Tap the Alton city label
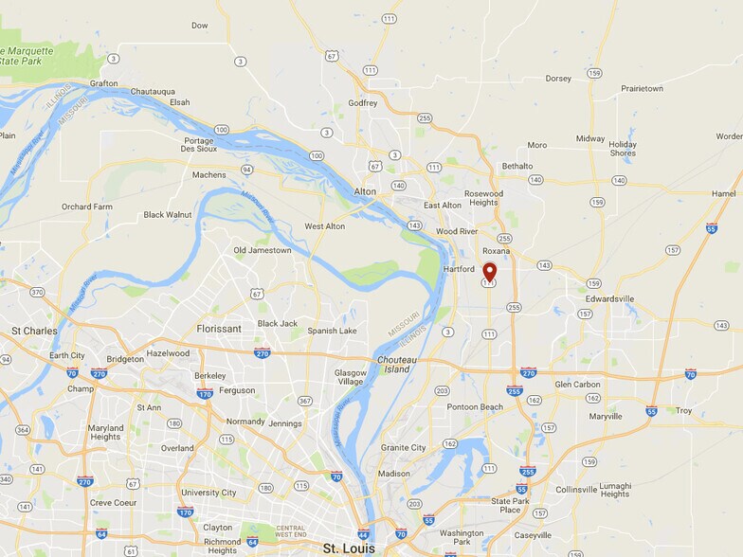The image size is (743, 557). (365, 191)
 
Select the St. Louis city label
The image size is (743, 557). (349, 548)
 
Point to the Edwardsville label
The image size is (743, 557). (608, 298)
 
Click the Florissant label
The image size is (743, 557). (218, 329)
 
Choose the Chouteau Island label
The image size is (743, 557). (396, 364)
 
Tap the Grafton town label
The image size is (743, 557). (103, 83)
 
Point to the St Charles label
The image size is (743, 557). (34, 332)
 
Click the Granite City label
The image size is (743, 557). (403, 447)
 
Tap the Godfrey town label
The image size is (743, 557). (363, 103)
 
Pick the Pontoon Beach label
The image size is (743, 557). (475, 406)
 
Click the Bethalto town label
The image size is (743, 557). (516, 166)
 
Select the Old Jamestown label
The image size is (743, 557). (263, 250)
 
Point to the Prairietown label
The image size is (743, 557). (642, 88)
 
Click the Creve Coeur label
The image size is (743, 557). (114, 502)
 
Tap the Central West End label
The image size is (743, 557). (277, 532)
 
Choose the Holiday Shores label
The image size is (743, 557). (623, 148)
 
